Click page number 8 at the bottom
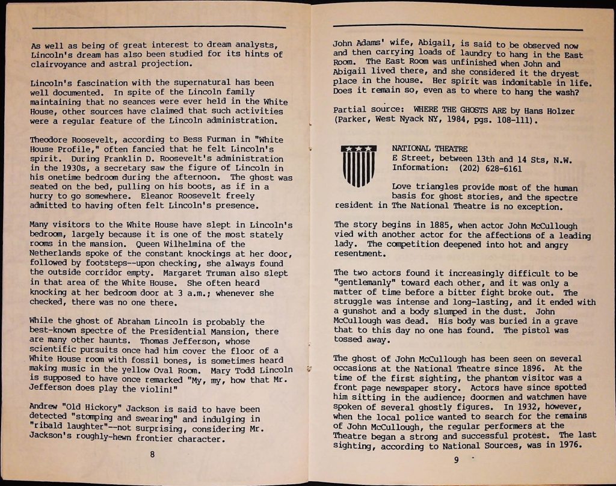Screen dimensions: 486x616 tap(152, 454)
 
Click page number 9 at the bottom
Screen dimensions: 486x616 tap(457, 461)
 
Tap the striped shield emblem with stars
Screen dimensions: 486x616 tap(359, 165)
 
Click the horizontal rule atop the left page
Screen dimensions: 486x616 tap(159, 28)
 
